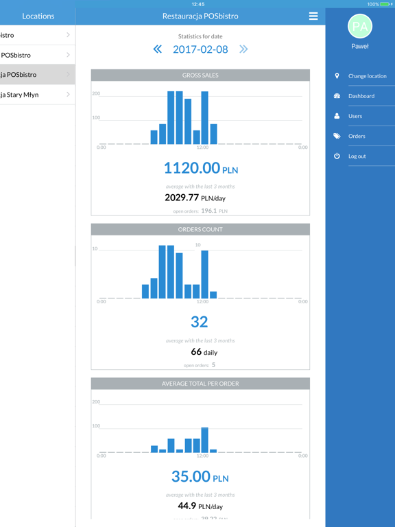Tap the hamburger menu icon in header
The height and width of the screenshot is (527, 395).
(313, 16)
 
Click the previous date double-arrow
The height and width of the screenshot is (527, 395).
(158, 49)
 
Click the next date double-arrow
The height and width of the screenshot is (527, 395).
(243, 49)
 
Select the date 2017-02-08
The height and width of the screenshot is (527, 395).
(200, 49)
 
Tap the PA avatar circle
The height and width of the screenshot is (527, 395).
(360, 27)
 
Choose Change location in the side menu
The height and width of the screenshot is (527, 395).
(367, 76)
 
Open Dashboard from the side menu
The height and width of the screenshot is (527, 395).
(361, 96)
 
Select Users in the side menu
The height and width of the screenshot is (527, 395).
(355, 116)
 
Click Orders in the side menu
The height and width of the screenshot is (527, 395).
(357, 136)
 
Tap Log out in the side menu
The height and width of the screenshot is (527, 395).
(357, 156)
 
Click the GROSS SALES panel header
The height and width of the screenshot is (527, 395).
(200, 75)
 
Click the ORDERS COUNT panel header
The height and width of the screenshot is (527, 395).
(200, 229)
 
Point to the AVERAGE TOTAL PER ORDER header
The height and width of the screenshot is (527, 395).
(200, 384)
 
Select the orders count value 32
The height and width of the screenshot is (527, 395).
(200, 322)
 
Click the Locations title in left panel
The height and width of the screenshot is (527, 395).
(38, 16)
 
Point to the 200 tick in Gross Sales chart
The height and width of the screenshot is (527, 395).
(96, 93)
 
